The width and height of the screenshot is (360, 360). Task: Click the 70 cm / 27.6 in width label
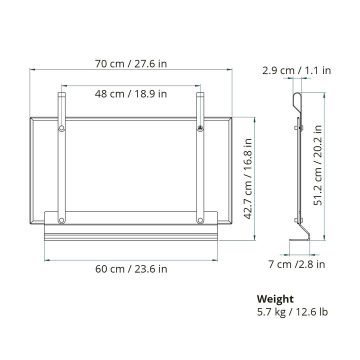click(131, 64)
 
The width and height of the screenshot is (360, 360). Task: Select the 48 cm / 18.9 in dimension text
click(131, 93)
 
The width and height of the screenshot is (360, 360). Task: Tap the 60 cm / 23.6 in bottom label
click(131, 269)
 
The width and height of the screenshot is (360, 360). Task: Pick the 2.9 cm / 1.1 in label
click(296, 70)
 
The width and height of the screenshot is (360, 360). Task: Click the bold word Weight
click(275, 299)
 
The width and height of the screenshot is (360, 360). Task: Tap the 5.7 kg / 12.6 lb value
click(292, 312)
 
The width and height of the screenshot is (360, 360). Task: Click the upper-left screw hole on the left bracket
click(61, 128)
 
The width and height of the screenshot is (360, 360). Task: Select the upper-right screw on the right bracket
click(200, 128)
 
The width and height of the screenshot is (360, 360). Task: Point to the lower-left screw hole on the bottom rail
click(61, 220)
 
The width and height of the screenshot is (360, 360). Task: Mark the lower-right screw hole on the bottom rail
click(200, 220)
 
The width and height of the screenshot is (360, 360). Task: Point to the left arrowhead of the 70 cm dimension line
click(31, 70)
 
